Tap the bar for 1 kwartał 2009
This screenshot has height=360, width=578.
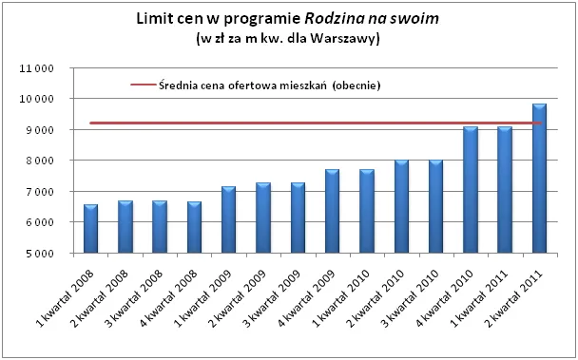pos(229,220)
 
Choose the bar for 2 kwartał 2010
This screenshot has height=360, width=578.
pos(401,207)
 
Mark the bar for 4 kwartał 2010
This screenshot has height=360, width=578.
pos(471,190)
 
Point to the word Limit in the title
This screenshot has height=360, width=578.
pos(155,18)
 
